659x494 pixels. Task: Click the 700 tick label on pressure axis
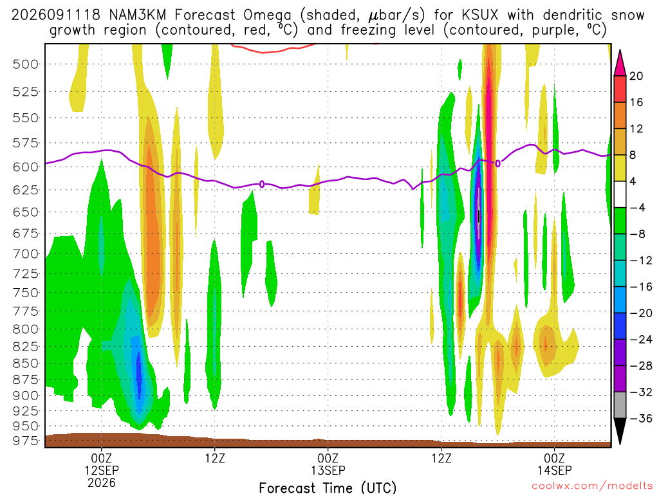pyautogui.click(x=25, y=254)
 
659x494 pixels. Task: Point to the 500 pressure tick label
pyautogui.click(x=25, y=64)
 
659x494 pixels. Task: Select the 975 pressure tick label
pyautogui.click(x=25, y=441)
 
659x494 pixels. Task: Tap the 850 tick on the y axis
pyautogui.click(x=25, y=363)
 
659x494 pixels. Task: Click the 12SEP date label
pyautogui.click(x=102, y=470)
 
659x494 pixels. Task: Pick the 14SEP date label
pyautogui.click(x=554, y=470)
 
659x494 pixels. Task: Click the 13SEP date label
pyautogui.click(x=328, y=470)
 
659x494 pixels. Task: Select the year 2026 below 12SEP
pyautogui.click(x=102, y=482)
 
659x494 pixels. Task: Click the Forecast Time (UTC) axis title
pyautogui.click(x=328, y=488)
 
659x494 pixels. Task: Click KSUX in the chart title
pyautogui.click(x=479, y=15)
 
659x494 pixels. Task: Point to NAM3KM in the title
pyautogui.click(x=138, y=15)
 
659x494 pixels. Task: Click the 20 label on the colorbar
pyautogui.click(x=636, y=76)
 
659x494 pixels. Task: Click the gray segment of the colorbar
pyautogui.click(x=620, y=405)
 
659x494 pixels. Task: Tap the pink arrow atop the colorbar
pyautogui.click(x=620, y=63)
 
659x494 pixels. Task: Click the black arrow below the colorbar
pyautogui.click(x=620, y=431)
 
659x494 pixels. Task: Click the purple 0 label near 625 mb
pyautogui.click(x=262, y=184)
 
